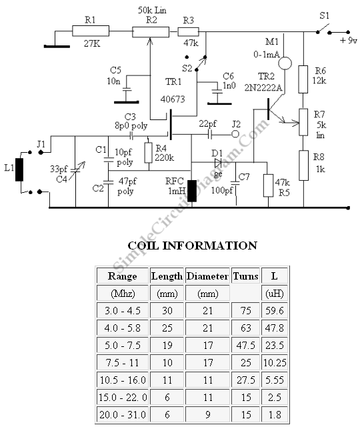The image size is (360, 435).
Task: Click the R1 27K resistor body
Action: pos(91,31)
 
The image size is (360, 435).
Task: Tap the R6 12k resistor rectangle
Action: pos(303,79)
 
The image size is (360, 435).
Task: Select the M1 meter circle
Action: pos(285,63)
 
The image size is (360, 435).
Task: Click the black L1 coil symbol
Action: pos(19,169)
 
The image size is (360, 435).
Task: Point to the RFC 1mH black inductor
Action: pos(192,191)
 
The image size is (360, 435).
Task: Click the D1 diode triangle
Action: pos(218,163)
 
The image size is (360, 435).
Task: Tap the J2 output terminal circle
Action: pos(235,134)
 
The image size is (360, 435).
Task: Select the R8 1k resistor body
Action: pos(303,165)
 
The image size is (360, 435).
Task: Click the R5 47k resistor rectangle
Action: pos(268,185)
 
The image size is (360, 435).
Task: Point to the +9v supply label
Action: pos(349,41)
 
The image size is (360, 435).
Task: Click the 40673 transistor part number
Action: pos(173,99)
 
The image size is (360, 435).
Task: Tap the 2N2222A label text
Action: pos(263,87)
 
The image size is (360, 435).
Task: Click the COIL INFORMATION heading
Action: pos(192,246)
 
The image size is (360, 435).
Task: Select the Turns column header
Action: pos(245,276)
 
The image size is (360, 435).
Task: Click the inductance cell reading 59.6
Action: pos(275,310)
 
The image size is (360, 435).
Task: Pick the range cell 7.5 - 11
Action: pos(122,362)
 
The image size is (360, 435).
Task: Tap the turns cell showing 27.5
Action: pos(245,380)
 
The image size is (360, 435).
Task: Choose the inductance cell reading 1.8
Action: pos(275,414)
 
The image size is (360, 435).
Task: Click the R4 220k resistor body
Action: pos(149,153)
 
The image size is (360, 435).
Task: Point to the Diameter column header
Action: pos(207,276)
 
